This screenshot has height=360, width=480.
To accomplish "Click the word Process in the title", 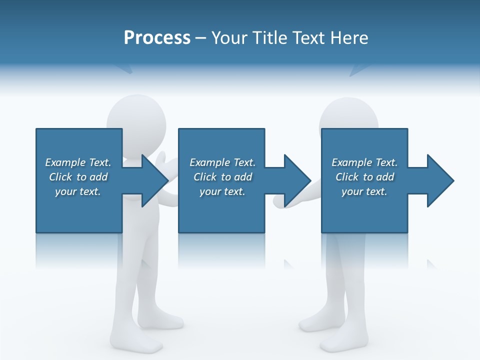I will coord(157,38).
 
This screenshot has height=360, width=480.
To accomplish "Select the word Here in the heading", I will coord(349,38).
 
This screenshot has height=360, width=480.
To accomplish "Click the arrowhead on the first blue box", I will coord(152,180).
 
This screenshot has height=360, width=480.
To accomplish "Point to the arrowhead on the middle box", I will coord(296,180).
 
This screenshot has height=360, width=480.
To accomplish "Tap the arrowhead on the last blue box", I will coord(439,180).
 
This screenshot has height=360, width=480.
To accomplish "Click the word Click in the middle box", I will coord(205,177).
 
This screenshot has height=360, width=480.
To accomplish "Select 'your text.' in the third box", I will coord(364,191).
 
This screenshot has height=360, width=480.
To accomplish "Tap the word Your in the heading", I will coord(230,38).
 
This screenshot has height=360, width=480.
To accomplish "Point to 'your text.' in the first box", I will coord(78,191).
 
